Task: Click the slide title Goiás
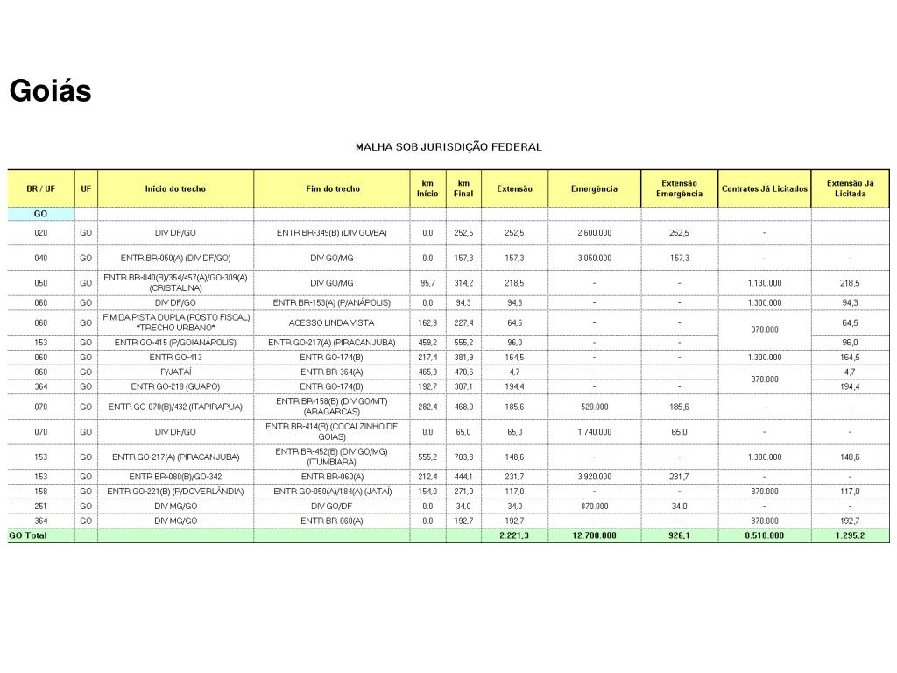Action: tap(51, 91)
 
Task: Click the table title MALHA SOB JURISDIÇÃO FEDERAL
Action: tap(448, 146)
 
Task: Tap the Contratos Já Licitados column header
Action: tap(764, 188)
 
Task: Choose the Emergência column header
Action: tap(594, 188)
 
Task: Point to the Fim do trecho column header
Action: tap(333, 188)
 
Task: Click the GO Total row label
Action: tap(28, 535)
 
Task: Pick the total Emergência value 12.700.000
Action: tap(594, 535)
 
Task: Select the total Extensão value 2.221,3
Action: tap(514, 535)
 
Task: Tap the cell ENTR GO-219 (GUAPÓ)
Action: tap(175, 386)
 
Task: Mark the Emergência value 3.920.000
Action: tap(594, 477)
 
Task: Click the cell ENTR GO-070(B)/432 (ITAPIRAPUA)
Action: tap(175, 407)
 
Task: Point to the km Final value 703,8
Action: tap(463, 457)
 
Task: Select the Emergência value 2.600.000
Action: tap(594, 232)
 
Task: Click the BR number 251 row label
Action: tap(41, 506)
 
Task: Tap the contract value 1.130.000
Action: tap(764, 283)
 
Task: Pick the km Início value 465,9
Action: tap(427, 372)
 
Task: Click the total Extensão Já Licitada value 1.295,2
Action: tap(850, 535)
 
